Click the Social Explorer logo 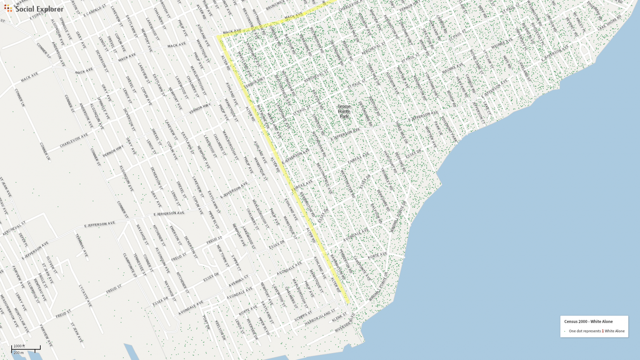(x=34, y=9)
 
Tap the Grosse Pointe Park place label (x=344, y=111)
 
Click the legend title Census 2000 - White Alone (x=588, y=322)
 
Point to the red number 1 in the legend (x=603, y=331)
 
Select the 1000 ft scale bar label (x=19, y=346)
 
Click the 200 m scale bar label (x=19, y=353)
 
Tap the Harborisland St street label (x=320, y=318)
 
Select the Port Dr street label (x=206, y=322)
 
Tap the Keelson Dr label (x=220, y=330)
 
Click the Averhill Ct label (x=238, y=281)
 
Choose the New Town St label (x=222, y=255)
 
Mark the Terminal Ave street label (x=81, y=245)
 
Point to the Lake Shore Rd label (x=609, y=22)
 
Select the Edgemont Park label (x=449, y=129)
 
